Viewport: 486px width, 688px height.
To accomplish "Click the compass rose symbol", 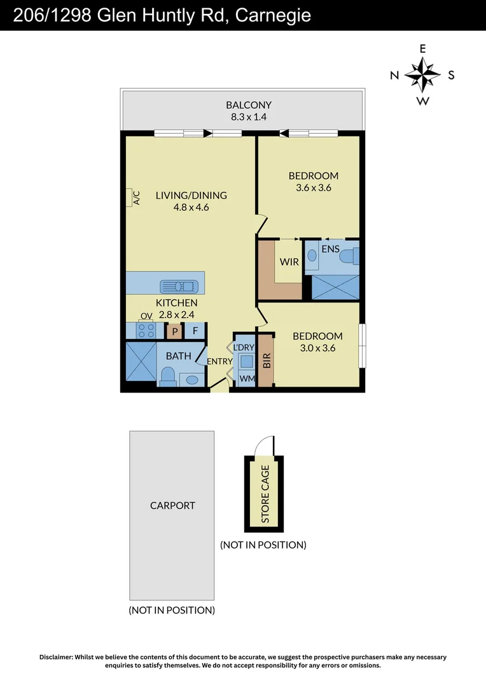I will [422, 75].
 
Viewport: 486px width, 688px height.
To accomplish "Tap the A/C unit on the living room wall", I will [132, 197].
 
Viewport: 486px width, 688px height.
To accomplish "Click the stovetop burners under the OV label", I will [146, 331].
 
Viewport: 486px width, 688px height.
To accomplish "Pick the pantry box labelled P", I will [174, 331].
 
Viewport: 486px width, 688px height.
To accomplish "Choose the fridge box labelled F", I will [195, 331].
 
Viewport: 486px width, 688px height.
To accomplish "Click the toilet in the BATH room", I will [167, 377].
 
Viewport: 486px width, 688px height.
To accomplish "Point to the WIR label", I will [289, 262].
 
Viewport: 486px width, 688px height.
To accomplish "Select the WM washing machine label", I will [246, 379].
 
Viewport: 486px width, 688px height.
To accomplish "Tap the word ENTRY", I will [219, 362].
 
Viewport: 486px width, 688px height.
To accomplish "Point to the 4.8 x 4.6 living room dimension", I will [191, 207].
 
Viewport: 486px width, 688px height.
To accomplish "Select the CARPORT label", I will [172, 506].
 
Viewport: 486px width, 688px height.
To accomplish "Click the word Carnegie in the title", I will [273, 15].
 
